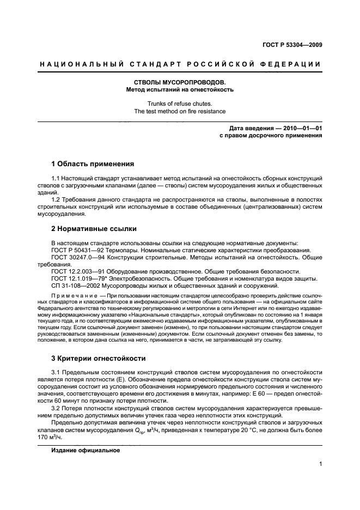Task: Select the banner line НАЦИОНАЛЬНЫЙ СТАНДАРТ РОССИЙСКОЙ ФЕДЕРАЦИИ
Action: pos(180,65)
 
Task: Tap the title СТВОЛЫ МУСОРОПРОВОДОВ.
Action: pos(180,82)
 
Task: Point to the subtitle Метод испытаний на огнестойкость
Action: pos(180,89)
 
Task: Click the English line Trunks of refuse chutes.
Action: pos(180,104)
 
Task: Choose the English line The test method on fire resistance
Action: pos(180,111)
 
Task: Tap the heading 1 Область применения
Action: pos(92,163)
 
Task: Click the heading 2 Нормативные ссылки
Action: pos(94,229)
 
